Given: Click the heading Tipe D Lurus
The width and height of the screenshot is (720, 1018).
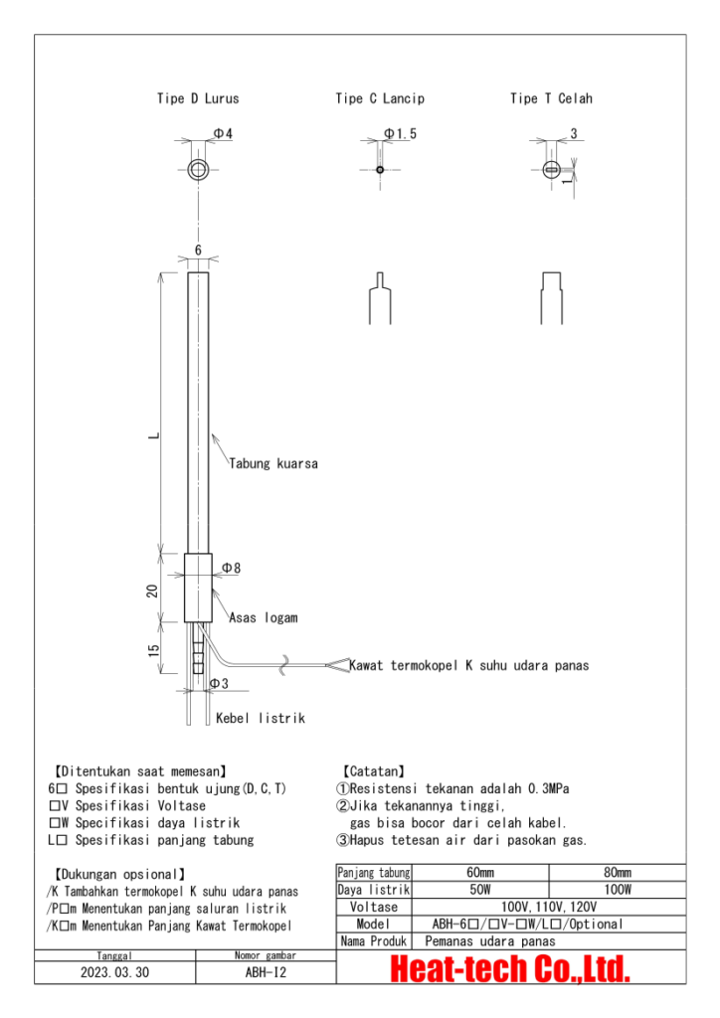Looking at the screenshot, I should click(x=197, y=98).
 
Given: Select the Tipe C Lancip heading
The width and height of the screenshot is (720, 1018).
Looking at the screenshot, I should click(x=379, y=98).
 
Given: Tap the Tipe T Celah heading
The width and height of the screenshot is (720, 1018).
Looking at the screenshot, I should click(x=551, y=98).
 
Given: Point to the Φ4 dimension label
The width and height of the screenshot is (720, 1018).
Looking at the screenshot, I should click(x=224, y=133).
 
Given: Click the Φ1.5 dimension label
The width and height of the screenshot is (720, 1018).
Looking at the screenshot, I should click(x=400, y=133).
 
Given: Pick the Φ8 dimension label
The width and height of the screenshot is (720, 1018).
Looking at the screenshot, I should click(x=231, y=568).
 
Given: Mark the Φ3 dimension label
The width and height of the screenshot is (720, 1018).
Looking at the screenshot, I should click(x=219, y=683).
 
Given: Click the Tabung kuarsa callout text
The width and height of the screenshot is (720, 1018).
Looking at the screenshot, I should click(x=273, y=463).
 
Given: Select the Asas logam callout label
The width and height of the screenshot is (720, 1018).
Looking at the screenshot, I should click(x=264, y=617).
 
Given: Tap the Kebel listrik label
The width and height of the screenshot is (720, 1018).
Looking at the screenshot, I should click(x=261, y=718).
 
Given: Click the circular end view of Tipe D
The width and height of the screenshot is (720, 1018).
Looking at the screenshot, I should click(x=198, y=169).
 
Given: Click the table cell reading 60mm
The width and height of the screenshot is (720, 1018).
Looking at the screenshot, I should click(x=480, y=872).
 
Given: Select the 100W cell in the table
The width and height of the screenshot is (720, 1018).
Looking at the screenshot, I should click(x=618, y=890).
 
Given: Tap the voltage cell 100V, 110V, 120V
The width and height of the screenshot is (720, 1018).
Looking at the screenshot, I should click(x=549, y=907).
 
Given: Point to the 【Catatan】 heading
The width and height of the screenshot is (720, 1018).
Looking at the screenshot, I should click(x=372, y=770).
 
